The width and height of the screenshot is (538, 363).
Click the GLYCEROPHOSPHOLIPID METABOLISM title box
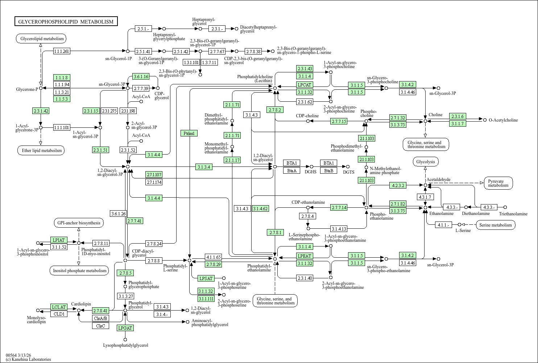(x=66, y=21)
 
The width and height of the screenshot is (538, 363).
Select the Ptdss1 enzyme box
(x=189, y=133)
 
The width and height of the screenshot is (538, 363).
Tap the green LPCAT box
(x=305, y=85)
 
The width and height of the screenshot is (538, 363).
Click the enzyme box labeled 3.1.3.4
(x=204, y=167)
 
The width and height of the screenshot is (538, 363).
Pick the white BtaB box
(x=328, y=171)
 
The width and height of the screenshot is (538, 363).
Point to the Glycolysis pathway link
(x=426, y=162)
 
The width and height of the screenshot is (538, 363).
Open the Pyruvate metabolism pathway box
(x=498, y=183)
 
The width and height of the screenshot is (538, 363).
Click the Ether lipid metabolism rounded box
(x=41, y=150)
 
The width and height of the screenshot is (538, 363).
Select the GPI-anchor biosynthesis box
(x=79, y=223)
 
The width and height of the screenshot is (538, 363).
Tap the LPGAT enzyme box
(x=125, y=328)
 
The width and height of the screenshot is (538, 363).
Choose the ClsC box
(x=101, y=326)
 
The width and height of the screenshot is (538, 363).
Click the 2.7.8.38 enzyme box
(x=253, y=51)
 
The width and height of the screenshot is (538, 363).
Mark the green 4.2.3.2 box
(x=398, y=185)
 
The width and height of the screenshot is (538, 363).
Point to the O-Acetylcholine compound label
(x=503, y=120)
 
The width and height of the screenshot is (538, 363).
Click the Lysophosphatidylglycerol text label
(x=125, y=345)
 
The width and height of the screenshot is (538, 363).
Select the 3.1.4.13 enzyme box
(x=339, y=229)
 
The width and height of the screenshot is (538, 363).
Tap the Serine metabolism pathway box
(x=496, y=225)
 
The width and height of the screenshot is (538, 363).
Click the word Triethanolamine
(x=513, y=214)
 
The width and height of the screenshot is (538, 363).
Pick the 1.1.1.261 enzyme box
(x=62, y=51)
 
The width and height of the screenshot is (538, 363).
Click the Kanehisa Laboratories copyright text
(x=28, y=359)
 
